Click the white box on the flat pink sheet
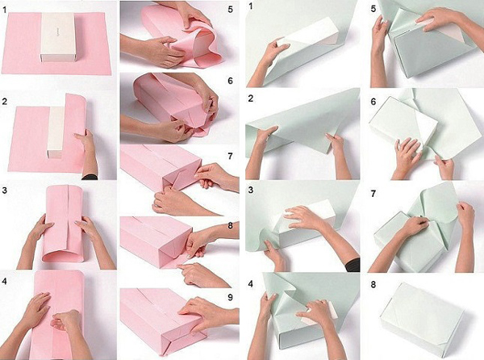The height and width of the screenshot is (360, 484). click(x=58, y=37)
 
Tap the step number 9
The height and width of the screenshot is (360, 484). click(x=230, y=297)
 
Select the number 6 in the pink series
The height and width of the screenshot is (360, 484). click(x=230, y=81)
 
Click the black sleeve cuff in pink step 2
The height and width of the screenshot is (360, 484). click(x=90, y=178)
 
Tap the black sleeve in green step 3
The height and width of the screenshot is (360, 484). click(x=353, y=266)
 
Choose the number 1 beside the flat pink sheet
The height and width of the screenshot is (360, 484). click(x=5, y=10)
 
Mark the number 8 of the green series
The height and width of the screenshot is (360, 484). click(x=373, y=284)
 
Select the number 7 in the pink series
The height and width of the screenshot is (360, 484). click(x=230, y=156)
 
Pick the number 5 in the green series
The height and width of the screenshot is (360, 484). click(x=373, y=9)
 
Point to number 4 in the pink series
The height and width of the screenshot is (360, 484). click(x=4, y=282)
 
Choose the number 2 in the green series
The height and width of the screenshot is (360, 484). click(x=251, y=98)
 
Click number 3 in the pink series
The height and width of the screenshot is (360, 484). click(x=4, y=190)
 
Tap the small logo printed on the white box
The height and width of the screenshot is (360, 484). click(x=58, y=31)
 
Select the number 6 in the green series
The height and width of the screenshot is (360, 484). click(x=373, y=102)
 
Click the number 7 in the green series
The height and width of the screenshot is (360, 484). click(x=373, y=194)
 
